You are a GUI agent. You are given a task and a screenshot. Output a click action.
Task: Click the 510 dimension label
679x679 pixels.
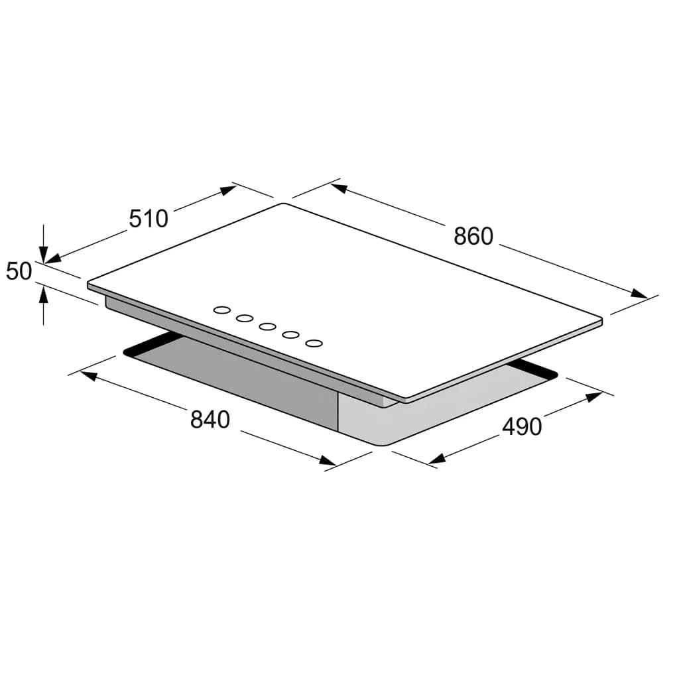point(149,219)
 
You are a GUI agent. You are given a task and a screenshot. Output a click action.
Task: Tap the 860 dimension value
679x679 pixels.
point(473,237)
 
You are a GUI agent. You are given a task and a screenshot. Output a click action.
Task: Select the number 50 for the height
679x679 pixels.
point(19,271)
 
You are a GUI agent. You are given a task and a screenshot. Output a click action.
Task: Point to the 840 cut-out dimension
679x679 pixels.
point(210,420)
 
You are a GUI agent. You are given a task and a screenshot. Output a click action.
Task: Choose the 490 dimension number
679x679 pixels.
point(522,427)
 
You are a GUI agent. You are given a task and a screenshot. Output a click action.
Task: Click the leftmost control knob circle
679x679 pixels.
point(222,310)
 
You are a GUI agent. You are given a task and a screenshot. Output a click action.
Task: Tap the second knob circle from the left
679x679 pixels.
point(245,318)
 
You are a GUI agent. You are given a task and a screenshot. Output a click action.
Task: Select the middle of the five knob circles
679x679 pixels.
point(268,326)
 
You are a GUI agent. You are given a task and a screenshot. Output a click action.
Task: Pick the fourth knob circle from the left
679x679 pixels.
point(290,335)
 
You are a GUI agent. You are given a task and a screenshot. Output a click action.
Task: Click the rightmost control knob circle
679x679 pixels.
point(314,343)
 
